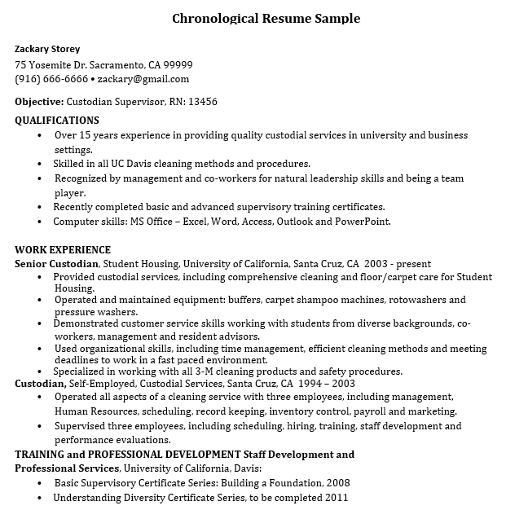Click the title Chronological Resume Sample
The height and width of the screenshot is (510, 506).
(266, 18)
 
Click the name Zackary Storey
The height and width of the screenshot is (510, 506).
(47, 49)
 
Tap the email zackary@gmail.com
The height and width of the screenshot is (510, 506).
(143, 79)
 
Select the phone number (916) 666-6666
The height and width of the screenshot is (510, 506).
(51, 79)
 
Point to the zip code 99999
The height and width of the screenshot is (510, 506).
(177, 64)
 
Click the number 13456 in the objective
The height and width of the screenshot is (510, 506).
(202, 102)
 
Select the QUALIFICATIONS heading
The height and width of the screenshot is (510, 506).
(57, 121)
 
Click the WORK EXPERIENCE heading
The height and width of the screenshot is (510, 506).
(63, 249)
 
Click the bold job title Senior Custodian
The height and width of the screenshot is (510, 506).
(57, 264)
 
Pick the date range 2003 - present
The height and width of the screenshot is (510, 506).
(398, 264)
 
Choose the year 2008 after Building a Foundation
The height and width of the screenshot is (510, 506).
(337, 482)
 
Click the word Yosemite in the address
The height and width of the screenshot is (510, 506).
(58, 64)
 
